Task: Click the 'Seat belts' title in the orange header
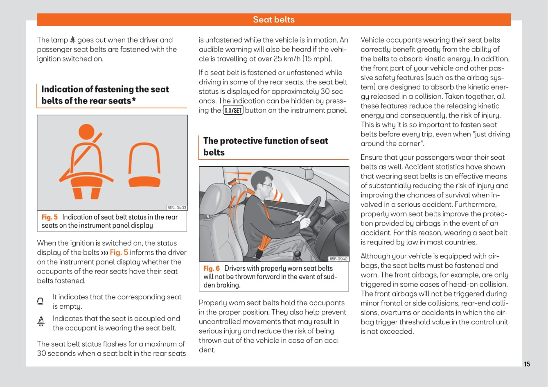(273, 20)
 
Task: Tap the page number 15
(527, 364)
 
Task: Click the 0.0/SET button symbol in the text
(233, 110)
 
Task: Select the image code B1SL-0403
(177, 208)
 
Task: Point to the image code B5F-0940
(338, 259)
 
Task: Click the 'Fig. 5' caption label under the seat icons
(50, 217)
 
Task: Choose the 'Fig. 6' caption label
(212, 268)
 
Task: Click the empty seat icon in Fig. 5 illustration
(144, 166)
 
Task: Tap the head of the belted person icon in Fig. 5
(86, 132)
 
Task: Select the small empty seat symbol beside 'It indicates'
(41, 301)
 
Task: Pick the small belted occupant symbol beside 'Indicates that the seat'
(41, 322)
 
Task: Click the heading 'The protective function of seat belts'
(266, 146)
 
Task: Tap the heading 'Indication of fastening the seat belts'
(105, 95)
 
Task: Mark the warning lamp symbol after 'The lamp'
(72, 40)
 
